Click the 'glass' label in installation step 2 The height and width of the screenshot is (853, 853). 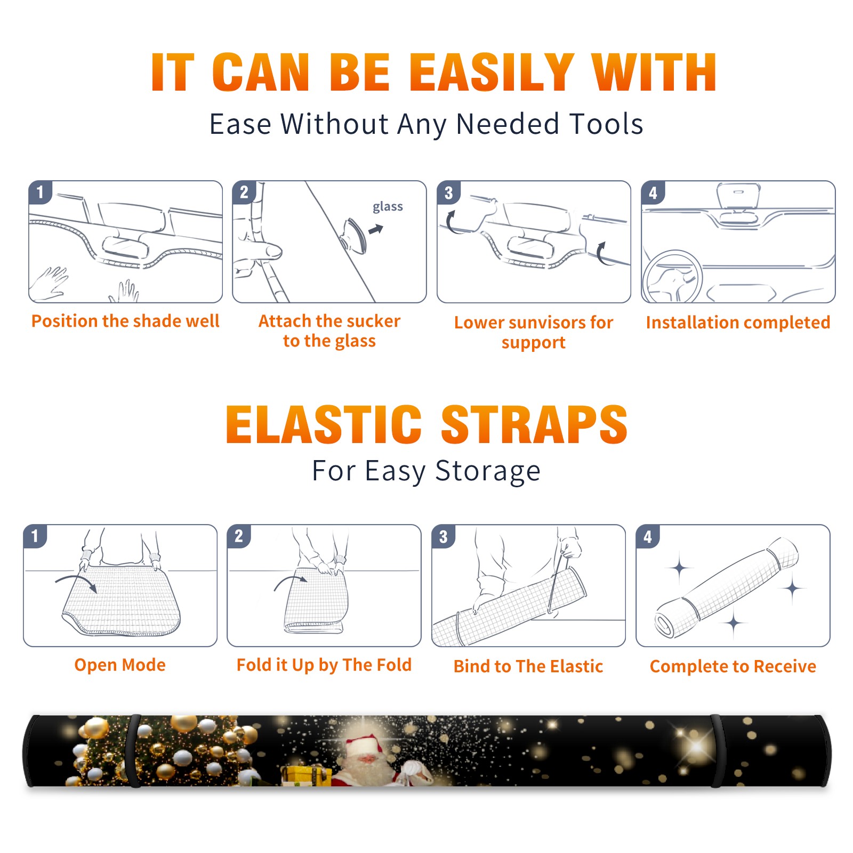click(x=388, y=206)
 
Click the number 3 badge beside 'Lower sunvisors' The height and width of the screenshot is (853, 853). click(x=448, y=192)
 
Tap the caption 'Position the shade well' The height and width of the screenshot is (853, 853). click(x=125, y=321)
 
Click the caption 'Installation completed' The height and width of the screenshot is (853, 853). click(x=738, y=322)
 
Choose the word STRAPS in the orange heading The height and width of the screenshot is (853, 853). click(x=534, y=424)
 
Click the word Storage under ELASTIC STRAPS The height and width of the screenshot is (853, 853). click(x=488, y=471)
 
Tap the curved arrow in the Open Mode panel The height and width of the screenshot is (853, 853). click(x=76, y=582)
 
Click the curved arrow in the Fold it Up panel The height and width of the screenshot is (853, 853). click(x=291, y=582)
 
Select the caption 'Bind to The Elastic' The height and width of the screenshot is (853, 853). click(x=528, y=666)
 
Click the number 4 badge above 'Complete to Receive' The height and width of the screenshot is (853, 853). click(x=647, y=536)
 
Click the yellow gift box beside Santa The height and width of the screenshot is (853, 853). click(x=302, y=776)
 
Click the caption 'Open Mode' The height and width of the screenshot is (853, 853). click(x=120, y=665)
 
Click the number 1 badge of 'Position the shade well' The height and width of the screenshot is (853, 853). click(x=40, y=192)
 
